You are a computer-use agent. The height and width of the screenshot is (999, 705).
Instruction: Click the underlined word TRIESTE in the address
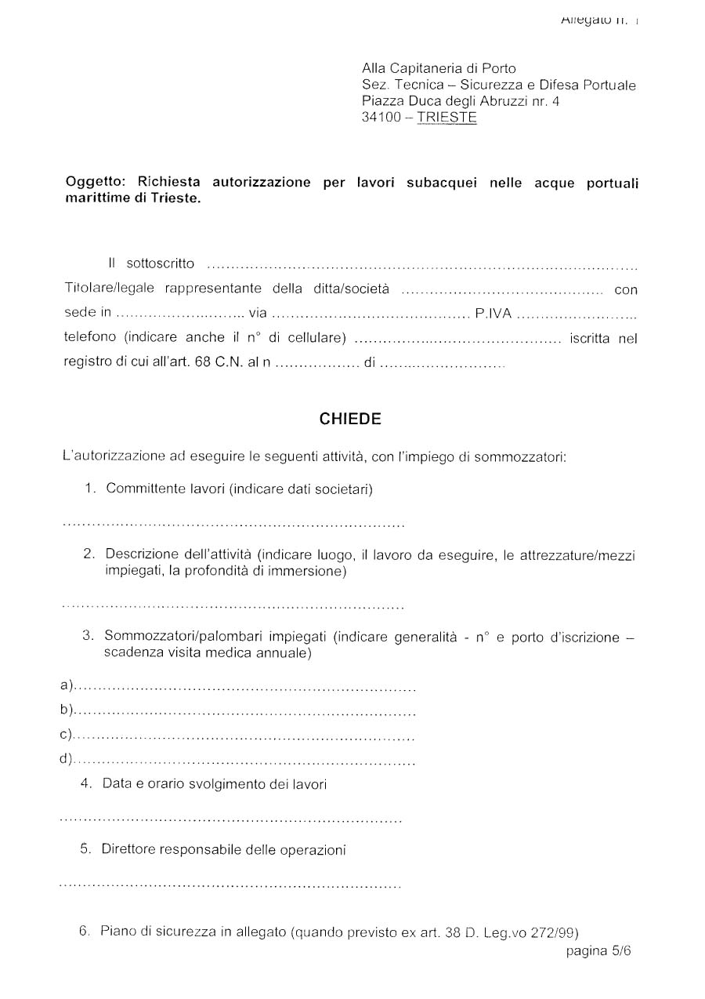[x=446, y=118]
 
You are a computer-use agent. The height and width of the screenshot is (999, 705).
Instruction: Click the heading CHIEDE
[x=350, y=420]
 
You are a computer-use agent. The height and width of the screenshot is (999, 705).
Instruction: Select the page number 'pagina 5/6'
[x=598, y=951]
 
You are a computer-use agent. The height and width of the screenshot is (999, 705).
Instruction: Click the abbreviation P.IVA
[x=493, y=314]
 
